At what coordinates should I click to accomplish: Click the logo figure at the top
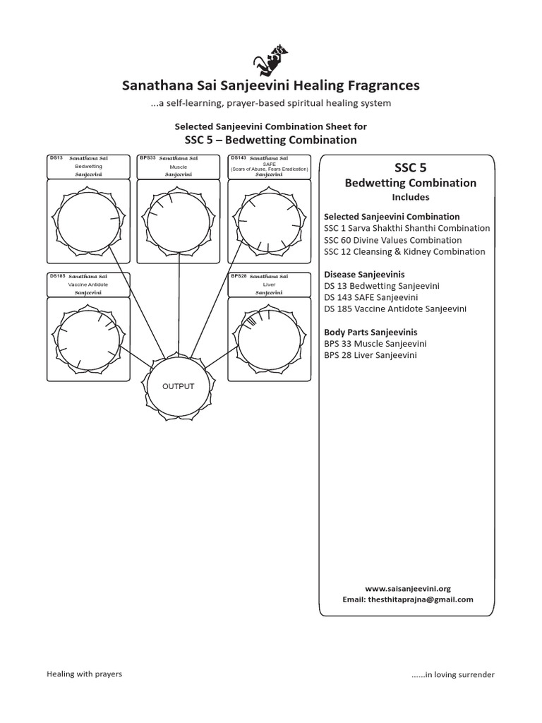point(271,57)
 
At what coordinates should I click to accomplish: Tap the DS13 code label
point(56,158)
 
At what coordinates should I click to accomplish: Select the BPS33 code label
point(147,158)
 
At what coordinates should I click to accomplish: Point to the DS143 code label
point(239,158)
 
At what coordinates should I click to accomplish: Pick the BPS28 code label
point(239,276)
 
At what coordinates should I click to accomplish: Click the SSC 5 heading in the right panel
point(410,167)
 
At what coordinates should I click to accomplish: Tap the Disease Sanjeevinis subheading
point(365,274)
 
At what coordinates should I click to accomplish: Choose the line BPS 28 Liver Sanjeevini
point(370,355)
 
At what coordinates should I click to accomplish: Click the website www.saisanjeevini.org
point(408,588)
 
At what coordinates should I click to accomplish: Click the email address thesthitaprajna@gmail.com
point(408,599)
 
